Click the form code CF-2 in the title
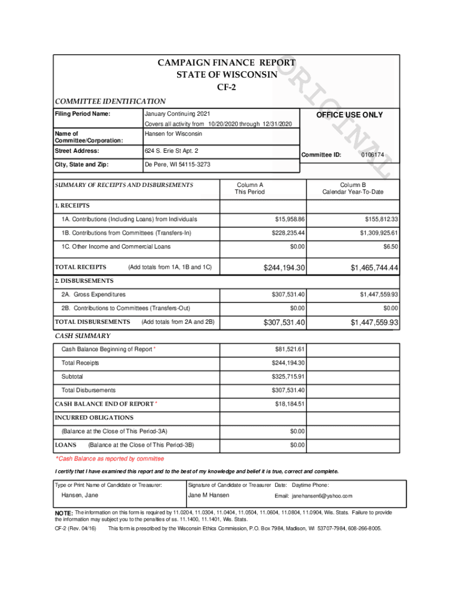pos(226,88)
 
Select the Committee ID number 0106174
pos(372,155)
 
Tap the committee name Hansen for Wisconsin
pos(173,134)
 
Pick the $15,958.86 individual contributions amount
pos(289,219)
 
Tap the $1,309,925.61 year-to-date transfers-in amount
pos(374,233)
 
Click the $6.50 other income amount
pos(390,247)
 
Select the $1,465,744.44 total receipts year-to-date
pos(374,268)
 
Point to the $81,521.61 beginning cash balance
pos(289,349)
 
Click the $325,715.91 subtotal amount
pos(288,376)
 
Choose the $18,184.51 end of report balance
pos(289,404)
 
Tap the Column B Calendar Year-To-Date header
pos(352,188)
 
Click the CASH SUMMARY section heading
pos(82,336)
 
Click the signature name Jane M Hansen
pos(208,496)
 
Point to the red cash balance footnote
pos(110,459)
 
